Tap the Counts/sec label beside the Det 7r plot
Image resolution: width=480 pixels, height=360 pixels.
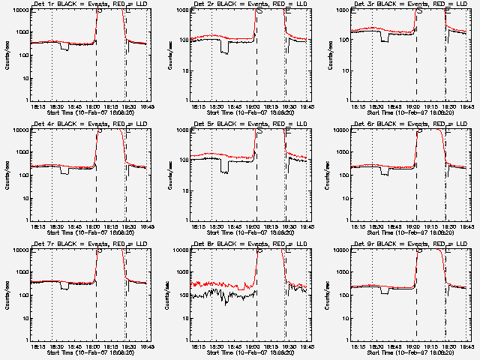pos(7,295)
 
